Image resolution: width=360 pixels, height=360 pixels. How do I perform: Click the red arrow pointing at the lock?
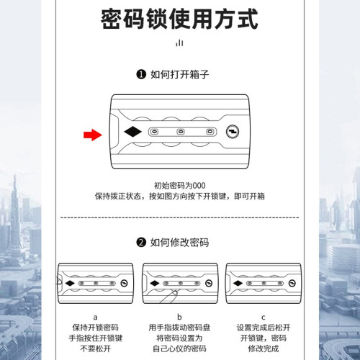(x=93, y=135)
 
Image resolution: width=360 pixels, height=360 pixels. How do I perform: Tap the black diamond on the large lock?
(x=133, y=132)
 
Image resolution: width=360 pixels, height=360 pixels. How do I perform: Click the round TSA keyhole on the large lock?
(x=233, y=132)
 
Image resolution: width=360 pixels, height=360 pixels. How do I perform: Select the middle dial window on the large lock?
(x=181, y=132)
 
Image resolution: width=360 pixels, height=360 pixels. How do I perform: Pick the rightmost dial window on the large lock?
(x=210, y=132)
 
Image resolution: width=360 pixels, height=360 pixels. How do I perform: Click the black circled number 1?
(x=141, y=74)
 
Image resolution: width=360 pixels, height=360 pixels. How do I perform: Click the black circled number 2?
(x=141, y=243)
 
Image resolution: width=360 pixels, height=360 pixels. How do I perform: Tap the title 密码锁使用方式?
(x=179, y=19)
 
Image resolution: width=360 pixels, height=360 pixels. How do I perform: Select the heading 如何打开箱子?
(x=179, y=74)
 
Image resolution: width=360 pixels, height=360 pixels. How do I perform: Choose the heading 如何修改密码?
(x=179, y=243)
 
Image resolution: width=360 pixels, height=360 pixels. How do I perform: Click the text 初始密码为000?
(x=179, y=186)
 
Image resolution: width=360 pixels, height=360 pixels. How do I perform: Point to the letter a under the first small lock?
(x=95, y=318)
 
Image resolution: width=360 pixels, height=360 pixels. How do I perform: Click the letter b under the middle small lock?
(x=179, y=317)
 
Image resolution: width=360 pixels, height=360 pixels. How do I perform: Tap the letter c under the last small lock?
(x=264, y=318)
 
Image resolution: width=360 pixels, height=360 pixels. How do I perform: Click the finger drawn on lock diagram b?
(x=168, y=297)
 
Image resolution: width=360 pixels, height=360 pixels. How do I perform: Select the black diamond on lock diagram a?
(x=70, y=283)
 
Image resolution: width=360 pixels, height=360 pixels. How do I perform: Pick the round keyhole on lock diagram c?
(x=292, y=283)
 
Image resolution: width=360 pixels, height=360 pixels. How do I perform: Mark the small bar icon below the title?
(x=179, y=43)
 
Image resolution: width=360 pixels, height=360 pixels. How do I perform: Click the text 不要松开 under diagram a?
(x=95, y=348)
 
